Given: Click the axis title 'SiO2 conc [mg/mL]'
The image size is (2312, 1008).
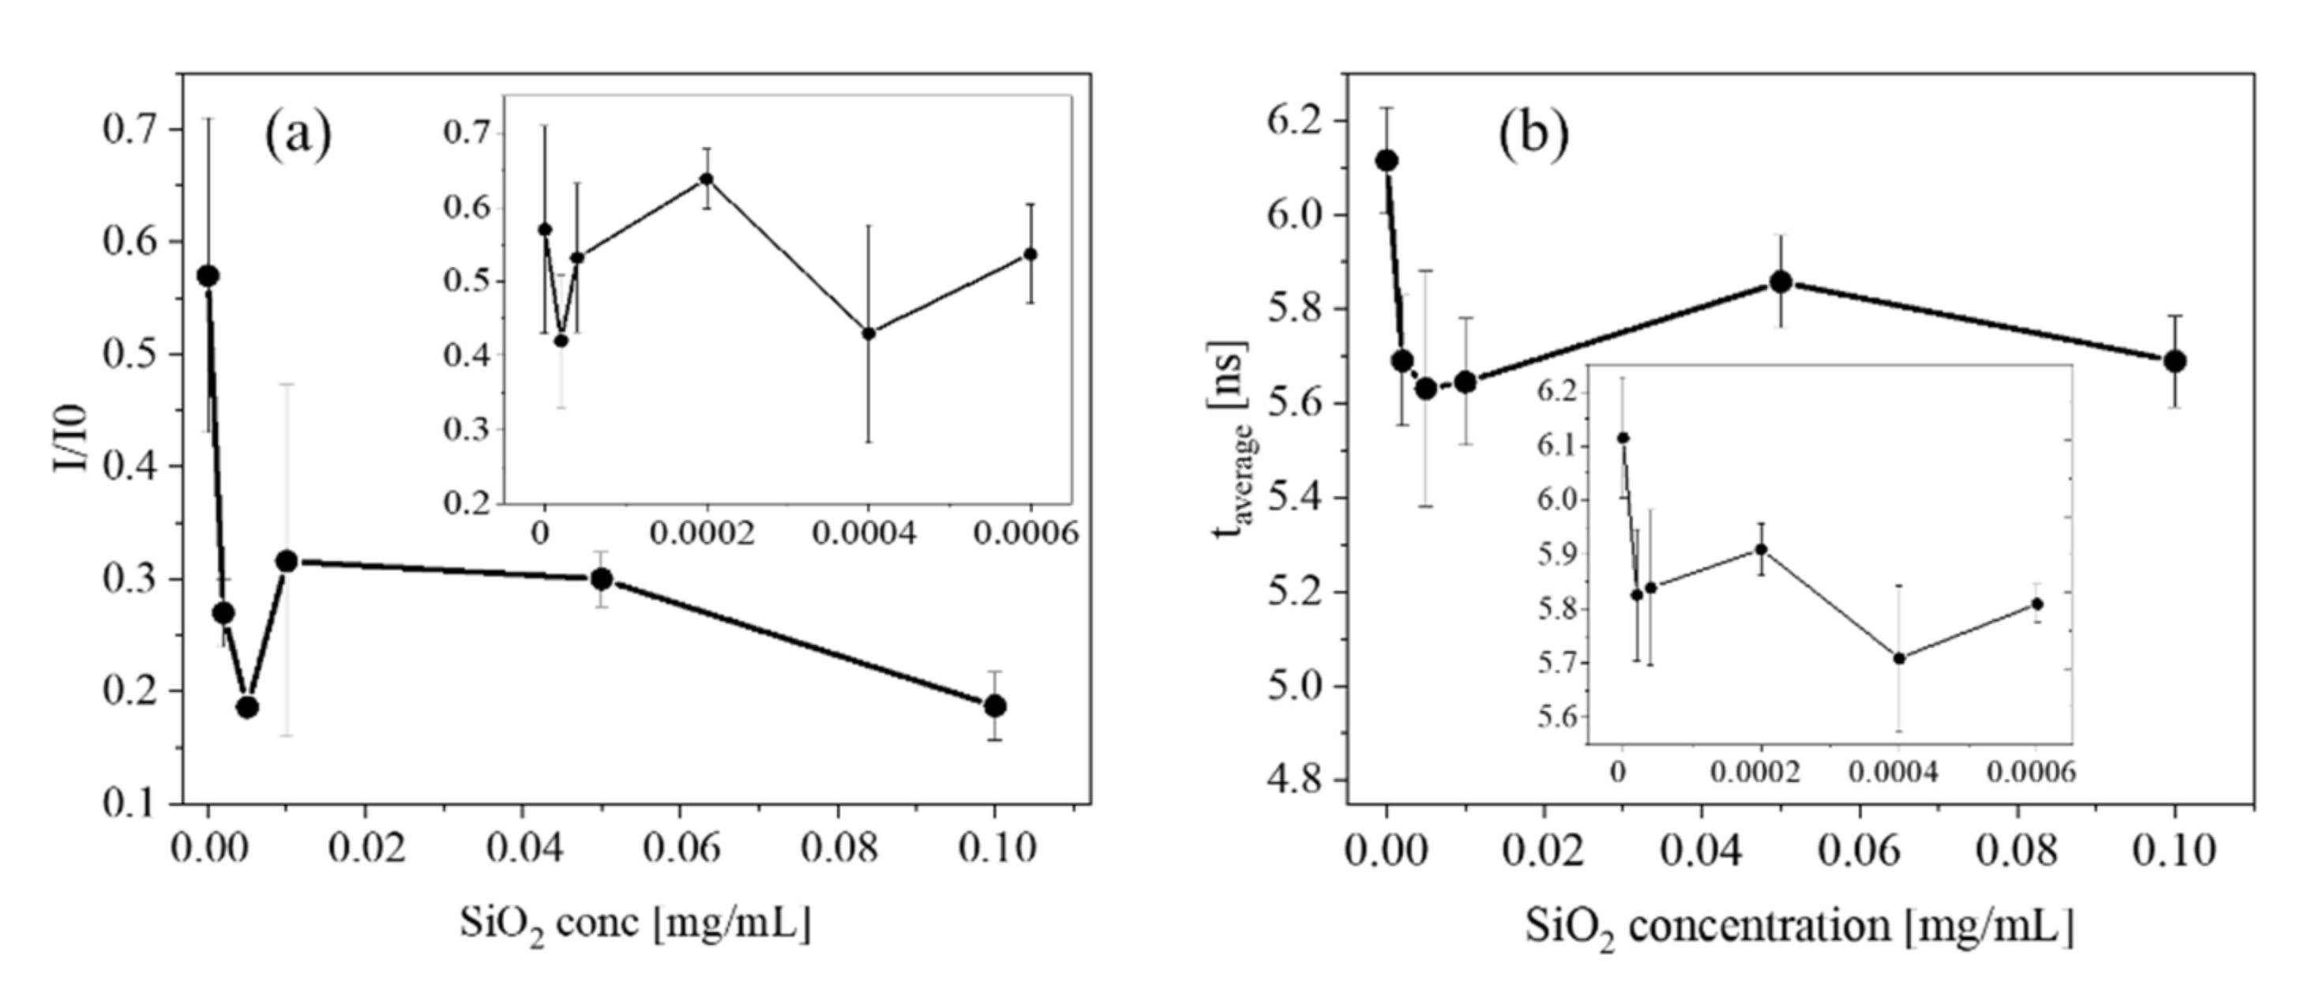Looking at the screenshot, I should (636, 924).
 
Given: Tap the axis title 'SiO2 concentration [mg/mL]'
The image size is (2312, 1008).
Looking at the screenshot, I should (1799, 927).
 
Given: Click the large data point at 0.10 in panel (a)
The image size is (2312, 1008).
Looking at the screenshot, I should (994, 705).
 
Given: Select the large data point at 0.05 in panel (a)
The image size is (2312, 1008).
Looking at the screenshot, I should (602, 579).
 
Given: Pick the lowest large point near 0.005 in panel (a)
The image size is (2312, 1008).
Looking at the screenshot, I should (248, 707).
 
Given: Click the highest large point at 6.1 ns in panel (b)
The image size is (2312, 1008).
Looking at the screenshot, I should (1387, 160).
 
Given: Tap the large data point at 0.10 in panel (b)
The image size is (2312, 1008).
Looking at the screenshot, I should (2175, 361).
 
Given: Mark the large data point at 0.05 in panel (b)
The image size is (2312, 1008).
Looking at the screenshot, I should (1781, 282).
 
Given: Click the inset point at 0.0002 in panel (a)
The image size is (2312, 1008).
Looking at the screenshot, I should (707, 179).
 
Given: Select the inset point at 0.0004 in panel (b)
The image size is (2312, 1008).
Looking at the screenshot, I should (1899, 658).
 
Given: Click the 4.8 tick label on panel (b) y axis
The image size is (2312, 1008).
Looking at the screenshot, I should (1296, 779).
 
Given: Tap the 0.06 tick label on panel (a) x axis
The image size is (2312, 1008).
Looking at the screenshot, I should (681, 848).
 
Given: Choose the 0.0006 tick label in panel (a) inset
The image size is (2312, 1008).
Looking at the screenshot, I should (1026, 534).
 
